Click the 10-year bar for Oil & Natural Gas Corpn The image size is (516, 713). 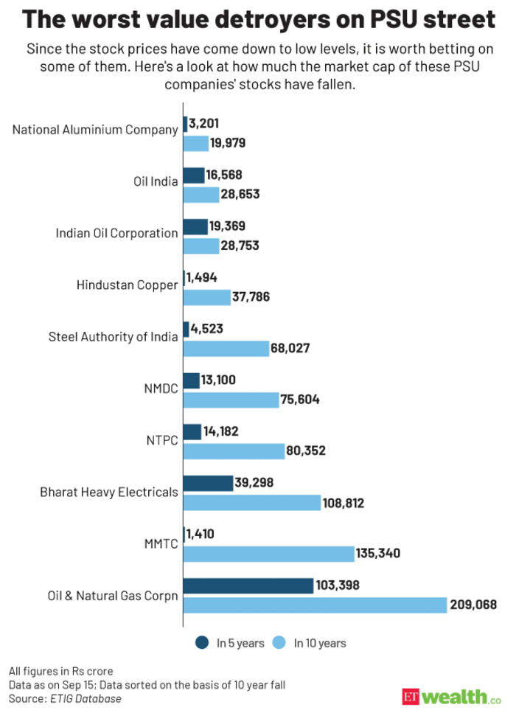click(x=315, y=605)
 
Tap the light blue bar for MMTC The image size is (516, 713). click(x=268, y=554)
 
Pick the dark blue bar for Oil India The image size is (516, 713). click(x=193, y=175)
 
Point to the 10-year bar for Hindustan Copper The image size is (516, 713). click(x=206, y=297)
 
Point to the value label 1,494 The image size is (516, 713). click(x=201, y=277)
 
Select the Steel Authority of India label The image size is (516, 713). click(x=113, y=338)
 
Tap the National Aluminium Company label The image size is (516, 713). click(x=95, y=130)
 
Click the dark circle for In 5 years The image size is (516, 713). click(x=201, y=643)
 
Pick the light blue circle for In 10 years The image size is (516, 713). click(x=279, y=643)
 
